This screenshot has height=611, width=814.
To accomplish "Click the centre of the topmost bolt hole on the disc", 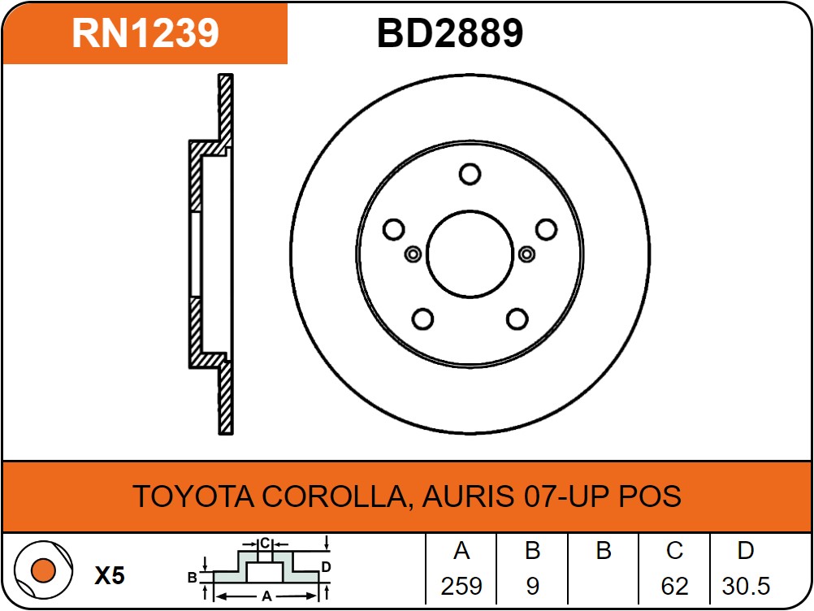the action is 470,174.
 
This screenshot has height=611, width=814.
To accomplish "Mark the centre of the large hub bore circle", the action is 470,254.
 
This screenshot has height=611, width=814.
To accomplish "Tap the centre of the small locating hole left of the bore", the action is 413,254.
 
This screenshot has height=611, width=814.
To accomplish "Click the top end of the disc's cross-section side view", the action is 226,75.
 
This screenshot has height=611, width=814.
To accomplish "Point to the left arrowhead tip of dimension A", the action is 215,596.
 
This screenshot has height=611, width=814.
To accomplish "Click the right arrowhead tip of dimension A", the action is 317,596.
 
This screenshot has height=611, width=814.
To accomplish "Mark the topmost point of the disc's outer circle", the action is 470,75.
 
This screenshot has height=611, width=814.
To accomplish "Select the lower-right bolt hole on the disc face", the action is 517,318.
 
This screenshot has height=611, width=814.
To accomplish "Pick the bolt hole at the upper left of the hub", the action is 393,229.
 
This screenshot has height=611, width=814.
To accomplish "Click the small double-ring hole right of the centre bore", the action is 526,254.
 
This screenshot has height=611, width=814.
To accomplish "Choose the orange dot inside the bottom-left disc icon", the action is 43,570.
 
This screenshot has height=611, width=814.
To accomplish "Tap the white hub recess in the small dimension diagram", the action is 265,572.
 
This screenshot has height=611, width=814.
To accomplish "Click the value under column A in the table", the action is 461,586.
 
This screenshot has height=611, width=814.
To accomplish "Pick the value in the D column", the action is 746,586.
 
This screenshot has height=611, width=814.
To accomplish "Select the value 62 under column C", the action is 674,586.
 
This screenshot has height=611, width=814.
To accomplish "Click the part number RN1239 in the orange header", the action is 145,33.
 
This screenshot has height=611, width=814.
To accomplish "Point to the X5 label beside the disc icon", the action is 110,575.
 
